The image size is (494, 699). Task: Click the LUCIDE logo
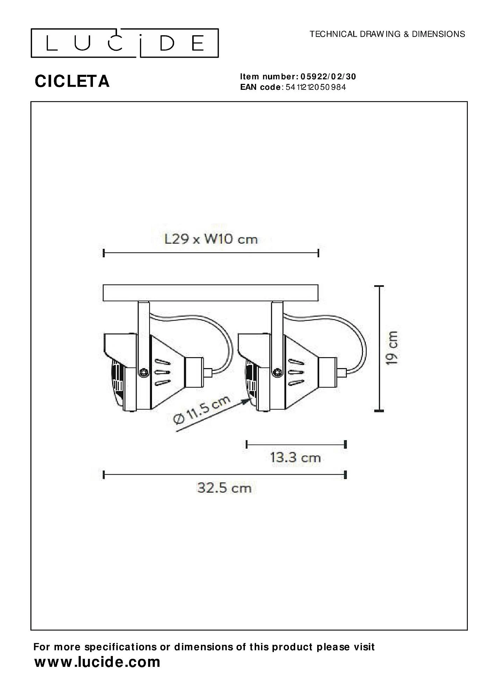(125, 43)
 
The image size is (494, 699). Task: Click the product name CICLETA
(72, 81)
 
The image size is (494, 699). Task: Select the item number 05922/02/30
(328, 77)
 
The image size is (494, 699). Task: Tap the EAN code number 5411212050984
(316, 87)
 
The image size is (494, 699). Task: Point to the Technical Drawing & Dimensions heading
(387, 34)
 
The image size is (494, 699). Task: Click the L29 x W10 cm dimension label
(211, 239)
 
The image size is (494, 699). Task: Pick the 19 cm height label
(392, 348)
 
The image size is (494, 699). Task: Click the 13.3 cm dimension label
(296, 457)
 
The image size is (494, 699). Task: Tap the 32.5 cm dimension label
(224, 488)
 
